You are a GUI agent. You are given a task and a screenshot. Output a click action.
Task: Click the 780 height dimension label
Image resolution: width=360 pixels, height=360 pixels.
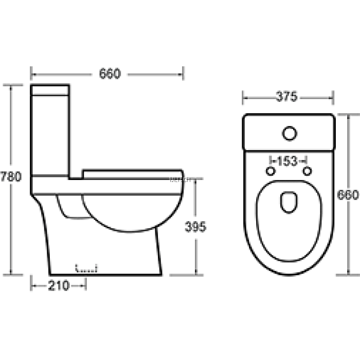(11, 177)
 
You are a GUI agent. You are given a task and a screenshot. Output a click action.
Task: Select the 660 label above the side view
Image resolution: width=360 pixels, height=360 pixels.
(109, 74)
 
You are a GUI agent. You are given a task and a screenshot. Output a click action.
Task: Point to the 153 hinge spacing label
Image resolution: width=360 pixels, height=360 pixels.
(287, 161)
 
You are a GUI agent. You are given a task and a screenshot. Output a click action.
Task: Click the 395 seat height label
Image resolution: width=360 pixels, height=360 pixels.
(195, 227)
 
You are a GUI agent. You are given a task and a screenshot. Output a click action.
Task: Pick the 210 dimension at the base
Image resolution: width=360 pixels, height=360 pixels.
(59, 286)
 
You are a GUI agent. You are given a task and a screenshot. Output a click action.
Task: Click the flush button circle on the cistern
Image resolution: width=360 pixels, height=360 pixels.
(290, 134)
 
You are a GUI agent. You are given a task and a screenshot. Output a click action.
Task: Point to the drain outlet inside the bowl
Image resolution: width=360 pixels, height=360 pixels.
(290, 203)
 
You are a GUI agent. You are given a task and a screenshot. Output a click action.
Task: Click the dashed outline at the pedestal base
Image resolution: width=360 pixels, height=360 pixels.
(86, 268)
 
